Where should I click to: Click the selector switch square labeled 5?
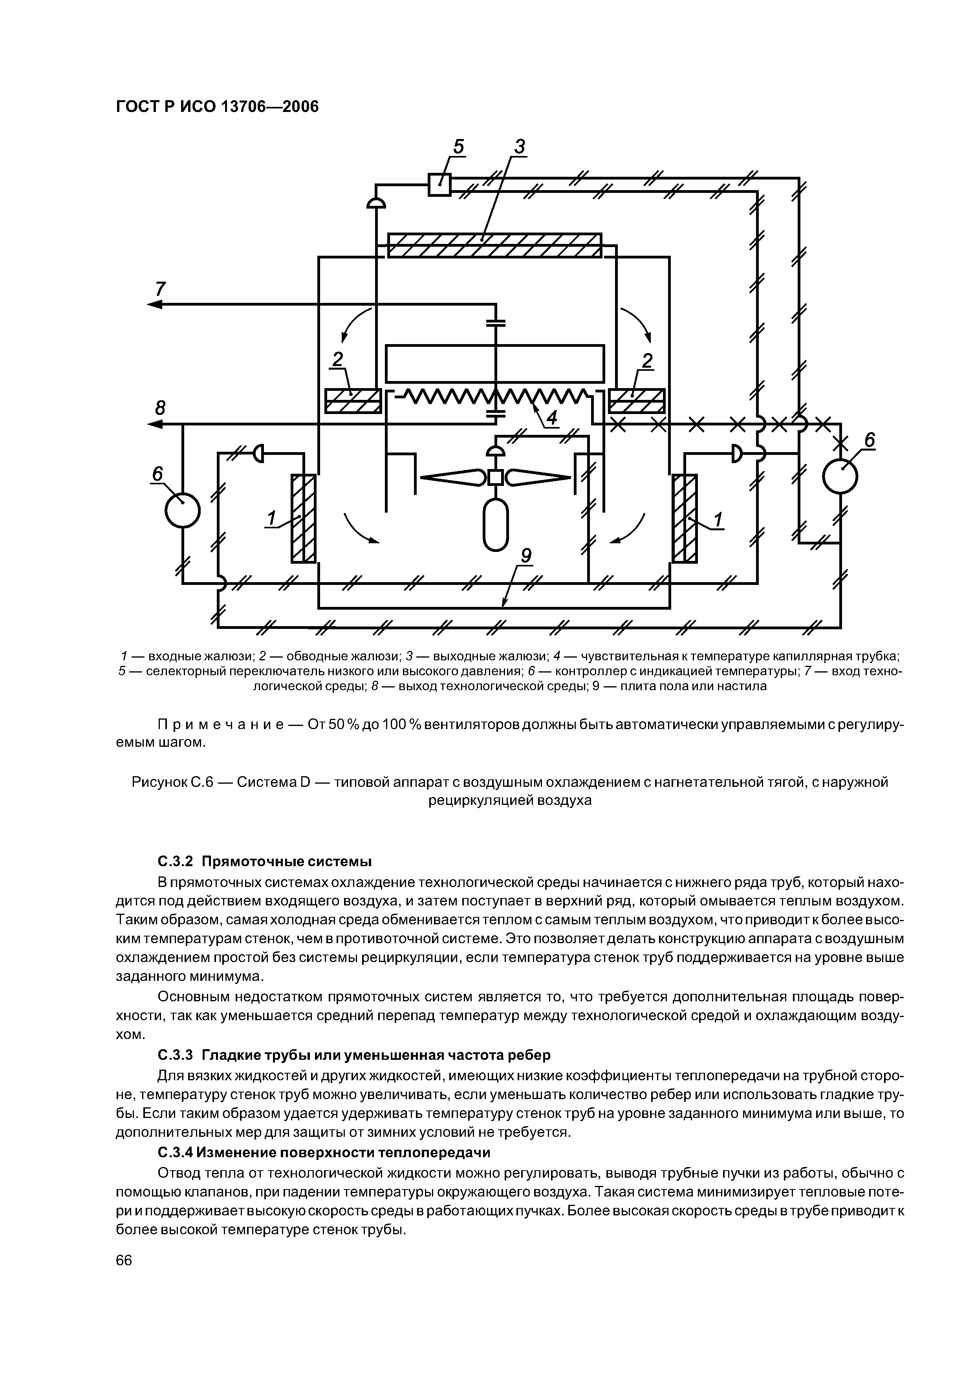(439, 184)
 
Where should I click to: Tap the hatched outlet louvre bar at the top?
(494, 245)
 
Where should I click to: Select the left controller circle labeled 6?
(183, 509)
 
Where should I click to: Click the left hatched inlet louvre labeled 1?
(304, 519)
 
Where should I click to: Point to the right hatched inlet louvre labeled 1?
(685, 519)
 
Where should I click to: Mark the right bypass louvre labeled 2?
(637, 401)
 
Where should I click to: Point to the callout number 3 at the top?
(519, 147)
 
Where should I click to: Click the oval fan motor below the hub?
(496, 525)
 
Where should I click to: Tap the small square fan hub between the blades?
(496, 477)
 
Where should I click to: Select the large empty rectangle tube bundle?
(494, 363)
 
